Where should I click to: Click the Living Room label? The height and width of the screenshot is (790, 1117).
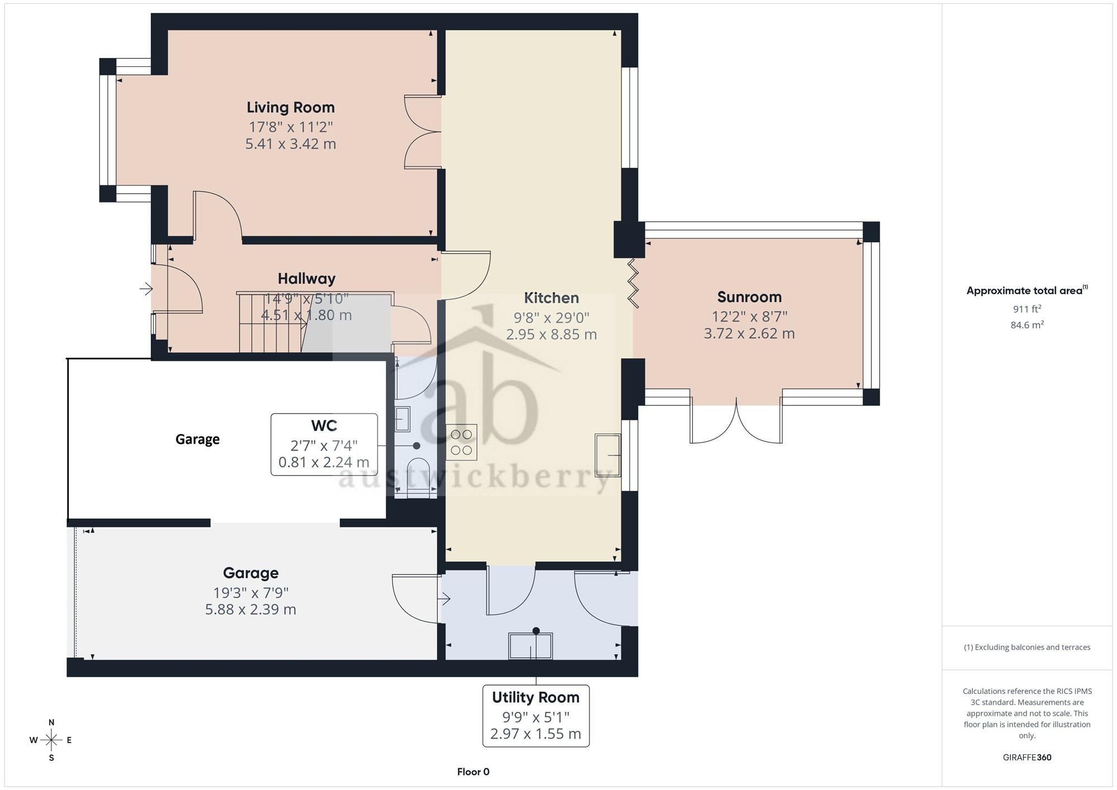(x=290, y=107)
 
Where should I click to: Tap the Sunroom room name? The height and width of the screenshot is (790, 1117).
(x=749, y=297)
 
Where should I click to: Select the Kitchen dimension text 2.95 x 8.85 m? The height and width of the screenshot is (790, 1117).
(x=551, y=334)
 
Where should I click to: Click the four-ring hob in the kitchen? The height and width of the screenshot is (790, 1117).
(x=461, y=442)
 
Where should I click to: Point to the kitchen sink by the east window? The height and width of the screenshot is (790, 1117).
(x=608, y=455)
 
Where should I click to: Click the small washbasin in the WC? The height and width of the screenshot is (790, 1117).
(x=402, y=419)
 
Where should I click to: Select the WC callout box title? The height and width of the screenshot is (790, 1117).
(x=324, y=425)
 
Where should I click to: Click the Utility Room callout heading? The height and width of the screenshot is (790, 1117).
(x=536, y=697)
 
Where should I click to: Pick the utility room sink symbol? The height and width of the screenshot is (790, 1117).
(x=530, y=646)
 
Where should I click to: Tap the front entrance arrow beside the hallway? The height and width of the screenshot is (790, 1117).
(x=146, y=289)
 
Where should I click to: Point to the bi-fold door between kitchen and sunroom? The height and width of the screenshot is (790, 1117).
(x=633, y=283)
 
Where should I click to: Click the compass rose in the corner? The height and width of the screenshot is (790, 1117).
(x=51, y=740)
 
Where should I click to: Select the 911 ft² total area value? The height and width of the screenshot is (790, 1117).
(x=1027, y=309)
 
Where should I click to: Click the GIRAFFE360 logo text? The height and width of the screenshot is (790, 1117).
(x=1027, y=758)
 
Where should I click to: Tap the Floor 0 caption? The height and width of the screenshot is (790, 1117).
(x=473, y=772)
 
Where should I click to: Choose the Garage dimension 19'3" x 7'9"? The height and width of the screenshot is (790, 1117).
(x=251, y=592)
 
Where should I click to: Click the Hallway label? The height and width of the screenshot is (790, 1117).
(x=307, y=279)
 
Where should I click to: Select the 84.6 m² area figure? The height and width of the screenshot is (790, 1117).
(x=1027, y=325)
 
